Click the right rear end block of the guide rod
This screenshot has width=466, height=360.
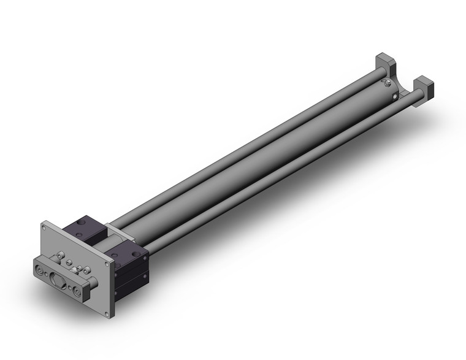pos(424,86)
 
